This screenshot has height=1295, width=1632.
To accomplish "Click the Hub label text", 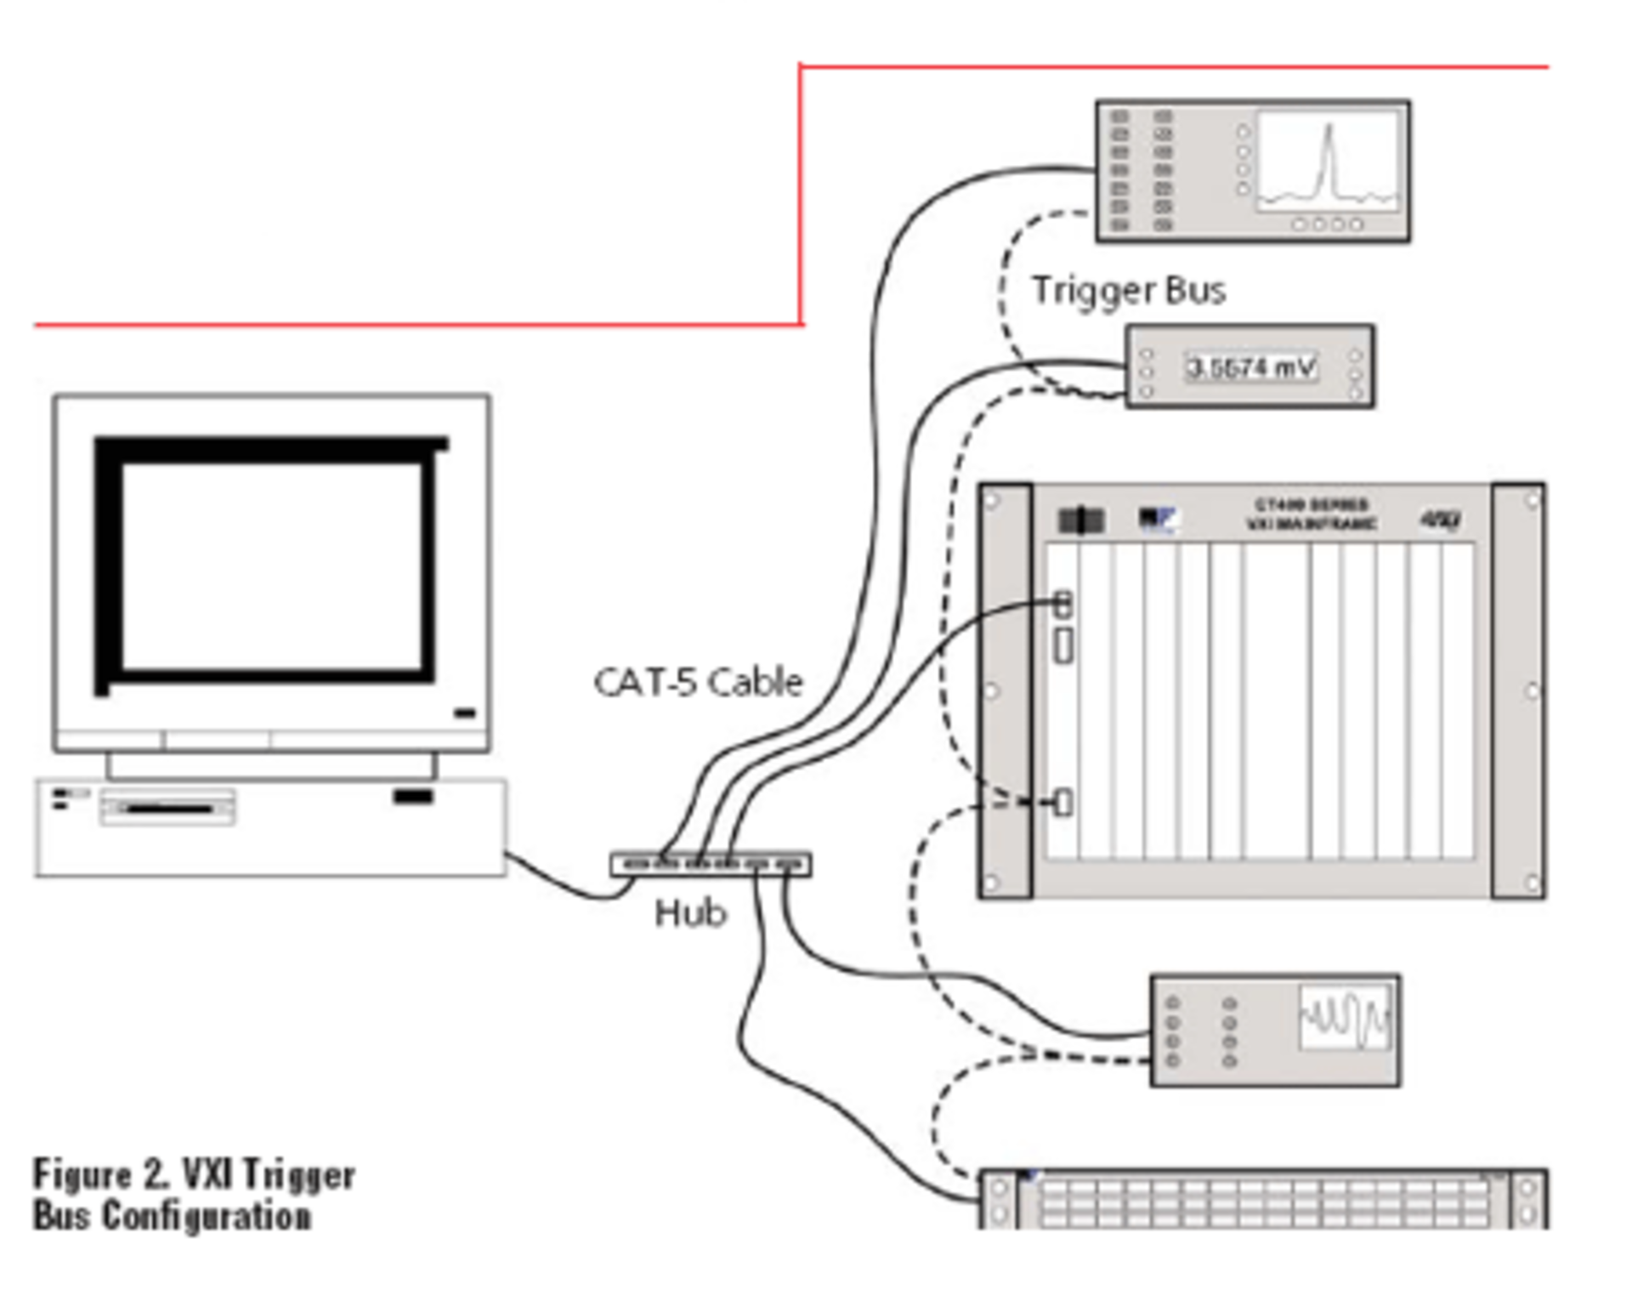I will coord(689,913).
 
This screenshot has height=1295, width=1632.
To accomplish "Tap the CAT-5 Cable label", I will coord(697,682).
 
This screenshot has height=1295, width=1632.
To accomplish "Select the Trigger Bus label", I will coord(1128,291).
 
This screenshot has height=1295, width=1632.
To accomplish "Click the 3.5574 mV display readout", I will coord(1250,368).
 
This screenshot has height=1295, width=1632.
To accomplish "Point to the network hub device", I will coord(711,865).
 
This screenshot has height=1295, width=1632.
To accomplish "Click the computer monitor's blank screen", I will coord(272,565).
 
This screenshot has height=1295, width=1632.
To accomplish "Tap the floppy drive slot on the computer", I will coord(167,808).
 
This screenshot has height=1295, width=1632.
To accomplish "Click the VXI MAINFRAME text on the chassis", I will coord(1311,524).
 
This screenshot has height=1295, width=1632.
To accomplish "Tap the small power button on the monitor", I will coord(465,713).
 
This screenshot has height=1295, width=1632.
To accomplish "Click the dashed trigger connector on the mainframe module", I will coord(1062,802).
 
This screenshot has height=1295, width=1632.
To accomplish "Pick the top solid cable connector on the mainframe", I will coord(1062,605).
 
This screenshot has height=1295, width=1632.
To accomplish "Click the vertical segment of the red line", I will coord(800,196).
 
